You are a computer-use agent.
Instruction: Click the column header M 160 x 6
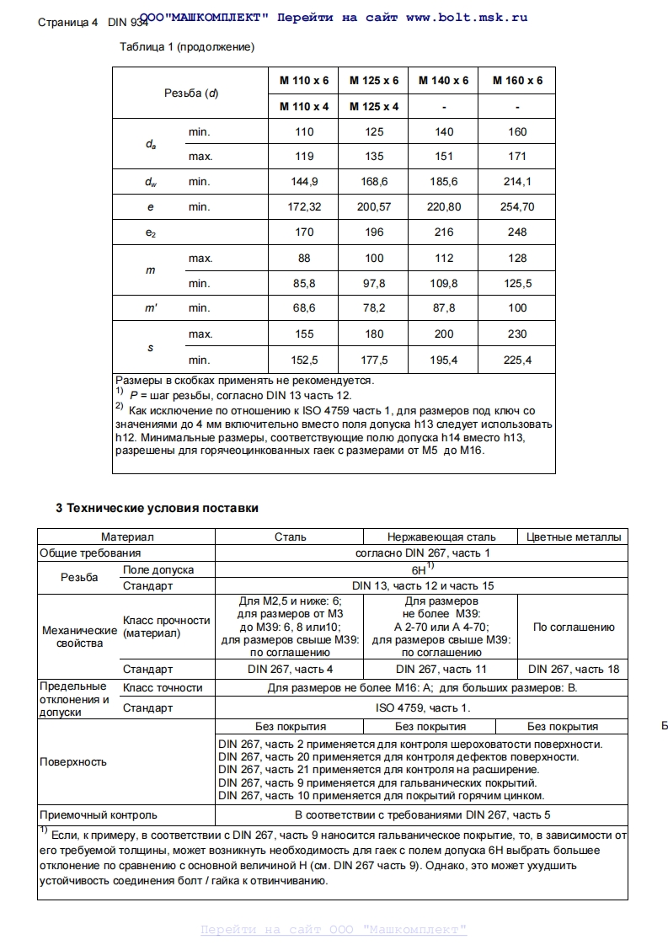(517, 81)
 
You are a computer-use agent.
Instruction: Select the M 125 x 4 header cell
(374, 106)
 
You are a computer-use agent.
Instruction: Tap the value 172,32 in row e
(304, 207)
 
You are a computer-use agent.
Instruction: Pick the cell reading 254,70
(517, 207)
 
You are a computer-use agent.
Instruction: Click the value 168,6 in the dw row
(374, 182)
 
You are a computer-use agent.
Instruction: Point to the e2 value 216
(444, 232)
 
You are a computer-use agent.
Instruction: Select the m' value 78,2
(374, 308)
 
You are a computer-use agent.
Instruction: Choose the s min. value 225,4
(517, 360)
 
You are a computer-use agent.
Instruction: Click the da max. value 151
(444, 157)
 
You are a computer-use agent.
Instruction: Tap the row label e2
(151, 232)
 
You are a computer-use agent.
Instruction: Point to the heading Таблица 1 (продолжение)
(188, 47)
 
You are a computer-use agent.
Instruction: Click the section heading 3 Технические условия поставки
(157, 508)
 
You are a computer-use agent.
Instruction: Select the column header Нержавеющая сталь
(441, 537)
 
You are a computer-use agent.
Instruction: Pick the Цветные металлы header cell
(574, 537)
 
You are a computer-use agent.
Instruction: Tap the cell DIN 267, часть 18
(574, 669)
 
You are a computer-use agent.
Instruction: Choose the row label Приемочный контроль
(99, 814)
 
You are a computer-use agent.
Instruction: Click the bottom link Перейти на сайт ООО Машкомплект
(334, 930)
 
